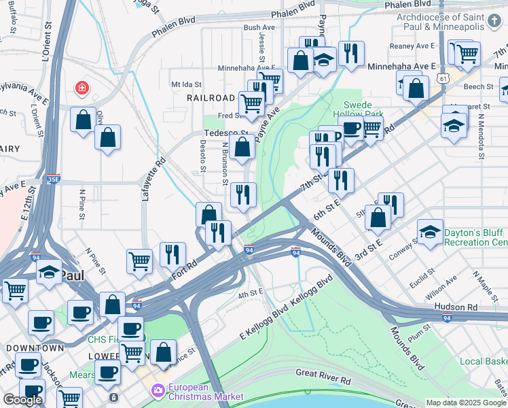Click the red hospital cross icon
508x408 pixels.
point(82,88)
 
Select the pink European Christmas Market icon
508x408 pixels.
point(158,390)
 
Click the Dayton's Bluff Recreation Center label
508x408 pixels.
point(475,237)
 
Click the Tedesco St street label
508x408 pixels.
point(227,133)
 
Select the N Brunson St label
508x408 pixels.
point(225,163)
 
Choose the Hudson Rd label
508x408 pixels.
point(463,307)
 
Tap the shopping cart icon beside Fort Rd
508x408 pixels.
point(139,260)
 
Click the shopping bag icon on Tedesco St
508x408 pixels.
point(242,146)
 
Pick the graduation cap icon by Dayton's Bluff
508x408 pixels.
point(429,232)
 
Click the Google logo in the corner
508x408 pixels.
point(22,400)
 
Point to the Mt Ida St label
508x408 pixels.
point(187,84)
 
